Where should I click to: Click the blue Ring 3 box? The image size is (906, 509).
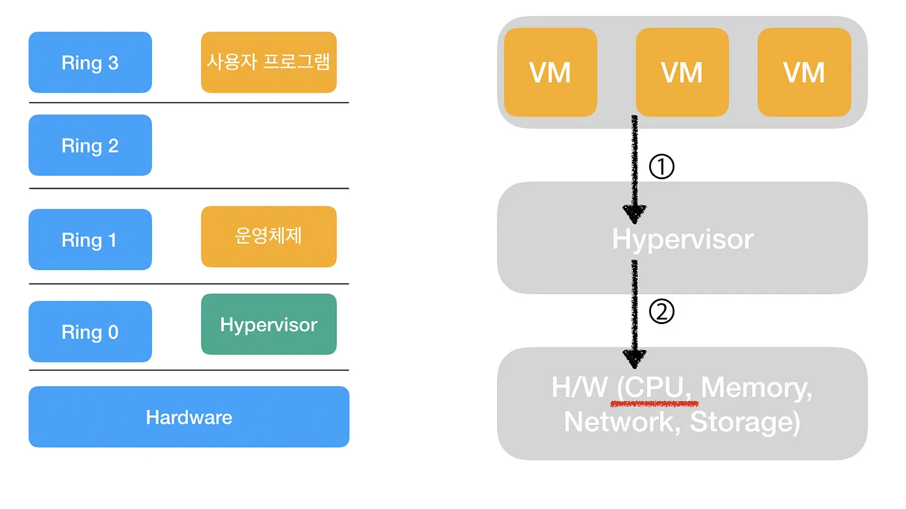(x=90, y=63)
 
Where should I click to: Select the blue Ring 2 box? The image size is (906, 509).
(x=90, y=146)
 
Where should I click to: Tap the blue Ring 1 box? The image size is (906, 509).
(x=90, y=240)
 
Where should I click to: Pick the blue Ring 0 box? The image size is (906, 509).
(x=90, y=332)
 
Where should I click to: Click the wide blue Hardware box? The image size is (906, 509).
(x=189, y=417)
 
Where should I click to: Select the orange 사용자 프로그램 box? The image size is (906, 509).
(x=269, y=62)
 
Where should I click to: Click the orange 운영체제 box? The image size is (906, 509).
(x=269, y=237)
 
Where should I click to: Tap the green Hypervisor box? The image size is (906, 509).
(x=269, y=325)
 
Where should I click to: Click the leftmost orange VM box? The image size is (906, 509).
(x=550, y=72)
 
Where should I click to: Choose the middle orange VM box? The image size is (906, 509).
(x=682, y=72)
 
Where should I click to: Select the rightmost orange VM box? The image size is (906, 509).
(x=804, y=72)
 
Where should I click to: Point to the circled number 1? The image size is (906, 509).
(x=661, y=168)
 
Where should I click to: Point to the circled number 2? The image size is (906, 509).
(x=661, y=312)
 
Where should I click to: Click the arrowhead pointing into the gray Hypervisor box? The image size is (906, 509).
(x=635, y=214)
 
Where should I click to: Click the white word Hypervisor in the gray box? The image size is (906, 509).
(x=683, y=239)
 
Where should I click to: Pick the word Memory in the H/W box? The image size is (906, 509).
(x=757, y=388)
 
